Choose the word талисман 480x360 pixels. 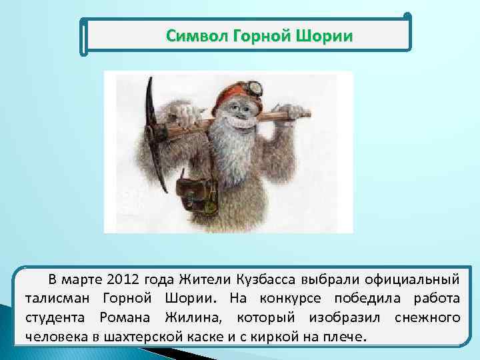(x=60, y=297)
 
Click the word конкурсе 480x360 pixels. (x=287, y=297)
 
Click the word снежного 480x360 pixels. (x=427, y=317)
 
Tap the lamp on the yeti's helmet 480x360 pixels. (x=253, y=86)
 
